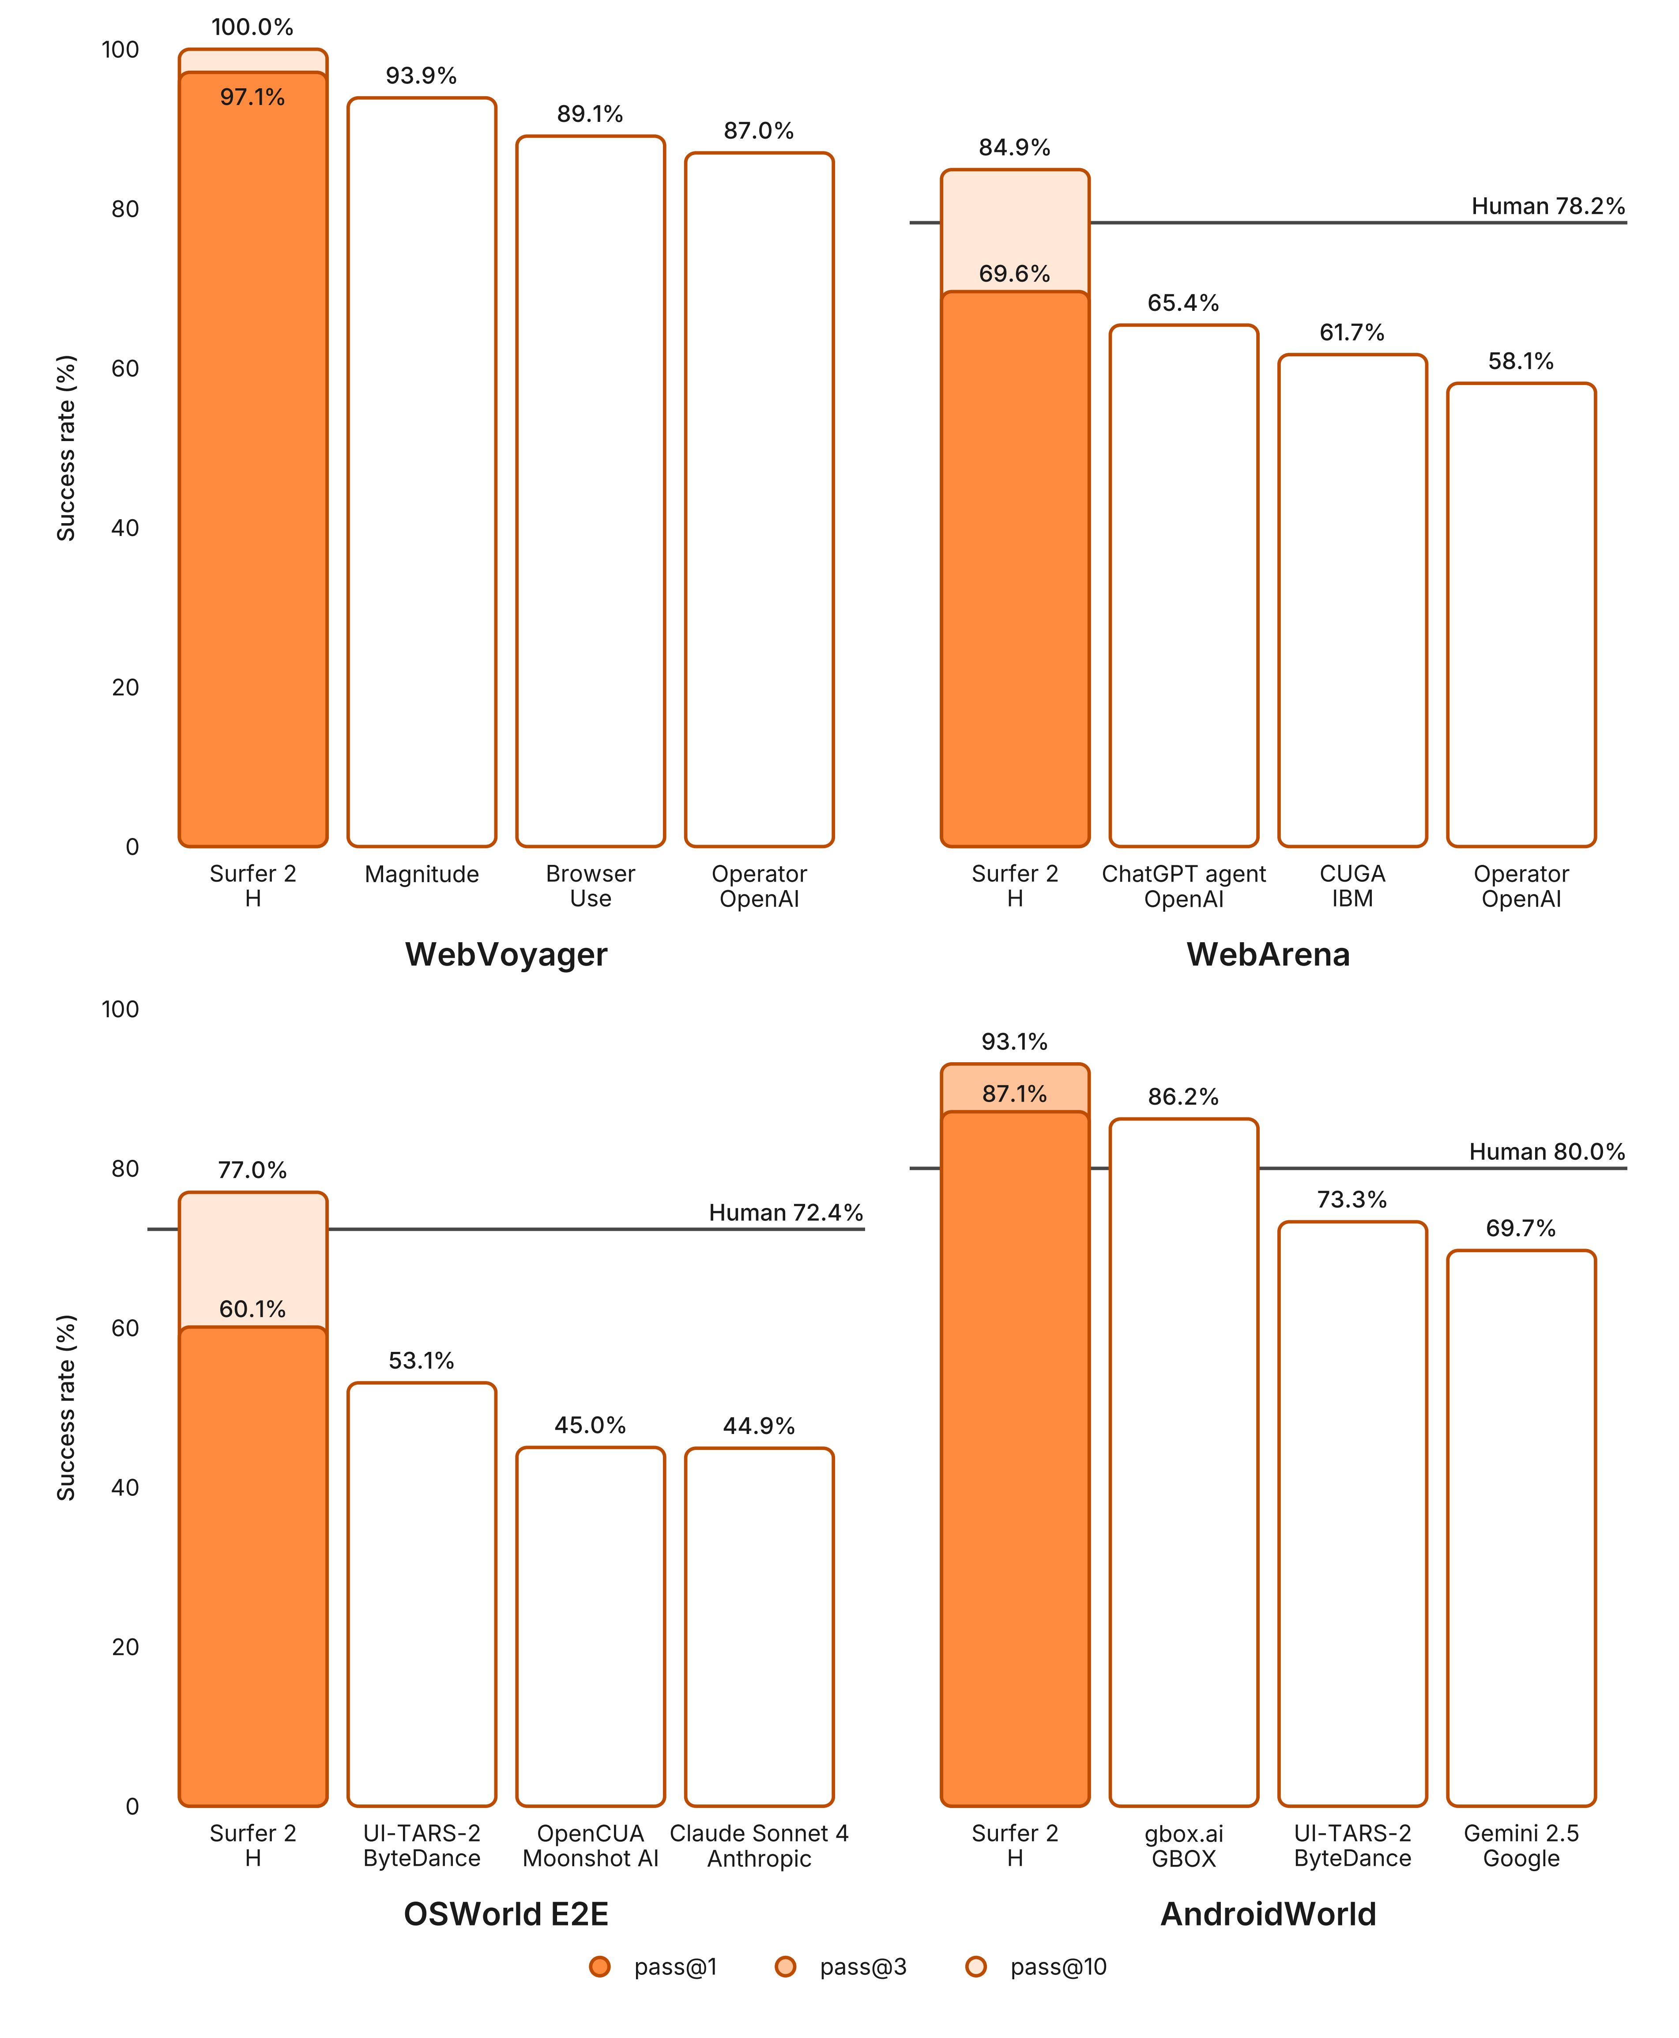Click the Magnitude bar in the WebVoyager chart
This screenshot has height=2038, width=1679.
point(422,472)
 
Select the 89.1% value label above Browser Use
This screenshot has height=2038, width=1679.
point(590,114)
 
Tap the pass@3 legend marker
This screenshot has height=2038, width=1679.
point(785,1966)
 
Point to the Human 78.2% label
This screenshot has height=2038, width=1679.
point(1547,206)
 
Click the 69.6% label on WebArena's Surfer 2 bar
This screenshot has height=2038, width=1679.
point(1013,274)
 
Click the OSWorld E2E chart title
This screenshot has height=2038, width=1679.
point(506,1914)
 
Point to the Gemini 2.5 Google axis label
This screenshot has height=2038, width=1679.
point(1521,1846)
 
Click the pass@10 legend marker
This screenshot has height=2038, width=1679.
point(976,1966)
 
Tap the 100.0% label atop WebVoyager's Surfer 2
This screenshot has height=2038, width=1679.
point(252,27)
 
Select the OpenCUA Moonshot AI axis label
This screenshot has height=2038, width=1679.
point(590,1846)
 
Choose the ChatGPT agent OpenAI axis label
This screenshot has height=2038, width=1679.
point(1184,886)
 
